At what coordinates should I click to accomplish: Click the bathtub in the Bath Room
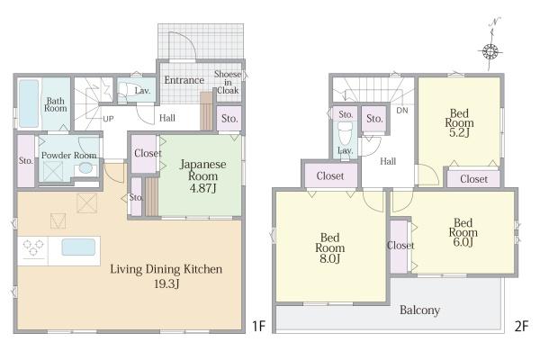(29, 103)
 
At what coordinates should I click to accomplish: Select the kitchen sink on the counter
(78, 247)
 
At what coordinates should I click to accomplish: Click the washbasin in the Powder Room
(85, 168)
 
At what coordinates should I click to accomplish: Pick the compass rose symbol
(490, 51)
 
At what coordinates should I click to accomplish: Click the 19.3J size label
(166, 283)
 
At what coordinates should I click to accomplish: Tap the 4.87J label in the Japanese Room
(202, 188)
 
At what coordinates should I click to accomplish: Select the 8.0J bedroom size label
(330, 258)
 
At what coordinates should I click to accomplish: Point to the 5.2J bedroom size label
(459, 132)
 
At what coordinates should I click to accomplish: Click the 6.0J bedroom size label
(463, 242)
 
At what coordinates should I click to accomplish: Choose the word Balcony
(419, 310)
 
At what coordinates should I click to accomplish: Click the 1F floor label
(258, 326)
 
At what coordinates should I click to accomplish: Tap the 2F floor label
(521, 326)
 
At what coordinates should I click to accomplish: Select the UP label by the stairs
(108, 119)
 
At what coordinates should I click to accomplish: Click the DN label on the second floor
(402, 110)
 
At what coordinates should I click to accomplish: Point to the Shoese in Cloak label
(228, 82)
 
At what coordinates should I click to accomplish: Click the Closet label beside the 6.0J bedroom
(400, 246)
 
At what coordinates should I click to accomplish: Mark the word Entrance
(184, 80)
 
